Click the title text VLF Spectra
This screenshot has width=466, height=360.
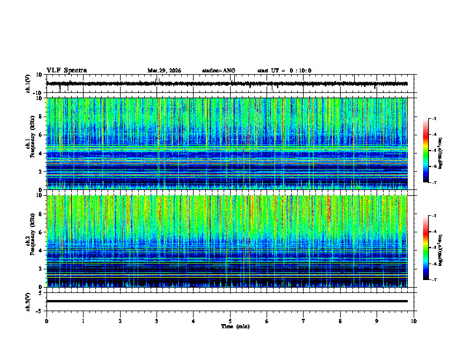pos(66,71)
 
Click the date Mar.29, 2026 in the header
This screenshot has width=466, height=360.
pos(164,71)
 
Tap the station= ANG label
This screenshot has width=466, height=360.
pos(218,71)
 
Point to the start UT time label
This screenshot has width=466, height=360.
pos(284,71)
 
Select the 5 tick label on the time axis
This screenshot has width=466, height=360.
pos(230,321)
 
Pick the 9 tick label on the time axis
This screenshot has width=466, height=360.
pos(377,321)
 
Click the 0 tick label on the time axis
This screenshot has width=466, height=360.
pos(46,321)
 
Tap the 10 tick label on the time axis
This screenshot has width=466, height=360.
pos(414,321)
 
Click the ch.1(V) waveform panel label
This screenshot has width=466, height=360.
pos(28,84)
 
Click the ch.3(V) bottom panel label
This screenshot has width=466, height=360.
pos(28,301)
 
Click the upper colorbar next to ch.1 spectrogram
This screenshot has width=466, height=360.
pos(431,150)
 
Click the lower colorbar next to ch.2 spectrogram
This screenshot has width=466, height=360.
pos(431,247)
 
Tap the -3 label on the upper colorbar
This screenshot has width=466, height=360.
pos(434,119)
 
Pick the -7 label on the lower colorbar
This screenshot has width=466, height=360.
pos(434,280)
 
